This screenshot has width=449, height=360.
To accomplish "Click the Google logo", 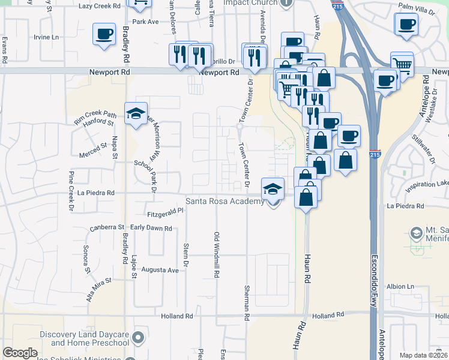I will click(20, 353).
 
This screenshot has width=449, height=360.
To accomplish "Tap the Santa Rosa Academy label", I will click(225, 201).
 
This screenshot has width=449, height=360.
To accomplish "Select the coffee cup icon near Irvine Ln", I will click(104, 34).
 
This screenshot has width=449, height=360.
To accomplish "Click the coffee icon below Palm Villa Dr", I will click(406, 25).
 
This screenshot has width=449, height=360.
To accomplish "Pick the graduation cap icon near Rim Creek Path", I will click(136, 113).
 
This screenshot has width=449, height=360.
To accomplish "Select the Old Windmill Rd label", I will click(216, 254).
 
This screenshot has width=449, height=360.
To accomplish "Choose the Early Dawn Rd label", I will click(151, 229).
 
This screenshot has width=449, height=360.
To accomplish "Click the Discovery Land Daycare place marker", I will click(139, 338).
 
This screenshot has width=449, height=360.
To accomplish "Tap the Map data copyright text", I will click(423, 355).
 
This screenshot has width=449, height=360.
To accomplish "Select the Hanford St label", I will click(98, 122).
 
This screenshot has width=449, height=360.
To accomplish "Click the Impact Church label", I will click(250, 3).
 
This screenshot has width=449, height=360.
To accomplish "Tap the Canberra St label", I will click(106, 227).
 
